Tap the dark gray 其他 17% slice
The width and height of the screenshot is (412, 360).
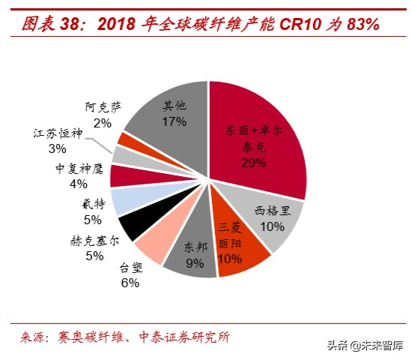tap(172, 112)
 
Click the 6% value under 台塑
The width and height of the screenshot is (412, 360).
tap(130, 282)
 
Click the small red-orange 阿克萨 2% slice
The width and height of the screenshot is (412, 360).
tap(126, 140)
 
